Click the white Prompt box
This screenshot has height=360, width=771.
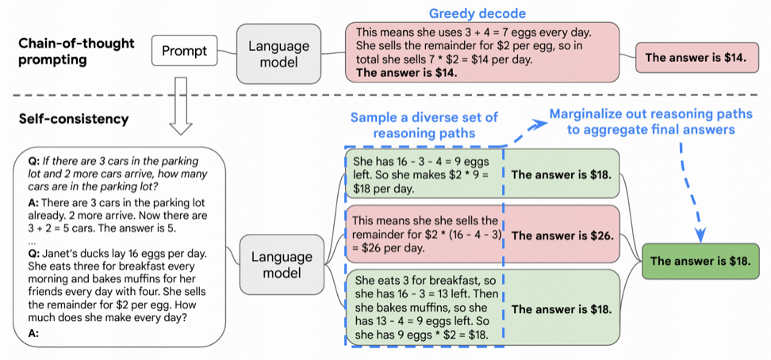tap(184, 52)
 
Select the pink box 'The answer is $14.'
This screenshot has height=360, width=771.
tap(696, 57)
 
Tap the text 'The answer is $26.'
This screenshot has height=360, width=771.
tap(562, 236)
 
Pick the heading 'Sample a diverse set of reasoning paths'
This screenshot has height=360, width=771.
tap(424, 126)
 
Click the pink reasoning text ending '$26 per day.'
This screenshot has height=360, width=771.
tap(423, 234)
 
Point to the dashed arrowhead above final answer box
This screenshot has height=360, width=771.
tap(700, 236)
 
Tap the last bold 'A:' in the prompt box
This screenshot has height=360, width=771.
tap(33, 334)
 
